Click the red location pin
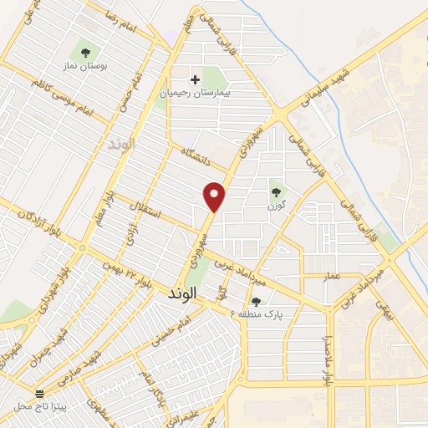click(x=216, y=196)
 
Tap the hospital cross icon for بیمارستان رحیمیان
click(x=196, y=80)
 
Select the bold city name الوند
click(x=181, y=293)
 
